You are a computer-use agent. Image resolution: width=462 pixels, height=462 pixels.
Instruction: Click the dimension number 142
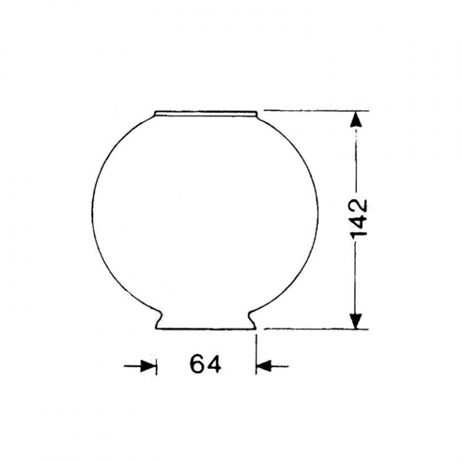359,219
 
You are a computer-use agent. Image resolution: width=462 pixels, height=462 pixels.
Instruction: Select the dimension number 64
205,364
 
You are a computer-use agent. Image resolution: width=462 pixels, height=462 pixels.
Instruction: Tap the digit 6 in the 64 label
197,364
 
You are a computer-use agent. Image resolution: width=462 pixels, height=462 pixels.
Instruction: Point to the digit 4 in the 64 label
214,364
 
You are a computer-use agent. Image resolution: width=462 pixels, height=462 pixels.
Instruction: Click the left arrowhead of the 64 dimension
148,366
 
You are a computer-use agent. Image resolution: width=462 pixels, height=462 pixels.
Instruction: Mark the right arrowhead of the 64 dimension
264,366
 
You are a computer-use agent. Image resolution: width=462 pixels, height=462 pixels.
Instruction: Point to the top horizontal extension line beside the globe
314,110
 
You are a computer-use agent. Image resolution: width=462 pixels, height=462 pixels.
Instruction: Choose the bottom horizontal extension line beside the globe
314,329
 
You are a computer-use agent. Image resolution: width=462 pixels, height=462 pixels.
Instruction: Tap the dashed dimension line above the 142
356,160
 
